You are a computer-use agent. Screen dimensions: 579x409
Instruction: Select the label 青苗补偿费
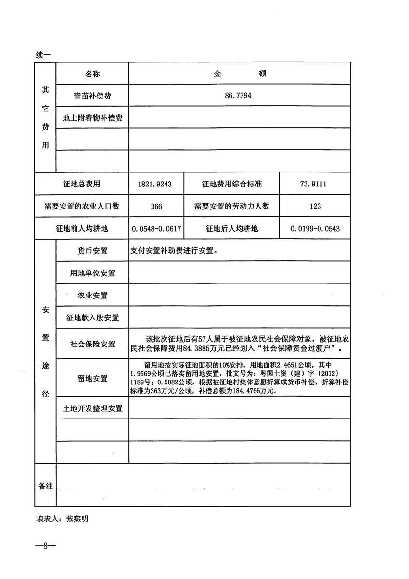click(92, 96)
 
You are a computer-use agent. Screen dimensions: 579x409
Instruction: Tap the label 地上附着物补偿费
click(92, 118)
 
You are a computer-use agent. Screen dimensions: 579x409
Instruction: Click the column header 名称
click(92, 74)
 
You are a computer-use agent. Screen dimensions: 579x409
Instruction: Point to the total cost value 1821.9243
click(154, 184)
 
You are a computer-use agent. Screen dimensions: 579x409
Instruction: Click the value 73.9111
click(315, 184)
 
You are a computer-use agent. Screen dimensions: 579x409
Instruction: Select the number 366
click(156, 206)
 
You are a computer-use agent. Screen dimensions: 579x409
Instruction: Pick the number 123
click(315, 206)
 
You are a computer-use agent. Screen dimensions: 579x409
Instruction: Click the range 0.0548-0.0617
click(156, 229)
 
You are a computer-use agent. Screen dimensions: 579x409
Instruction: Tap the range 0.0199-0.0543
click(315, 229)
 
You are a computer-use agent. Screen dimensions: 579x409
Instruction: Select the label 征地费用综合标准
click(231, 184)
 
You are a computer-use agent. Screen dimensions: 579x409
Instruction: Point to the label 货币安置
click(92, 251)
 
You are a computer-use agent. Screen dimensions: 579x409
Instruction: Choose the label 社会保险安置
click(92, 344)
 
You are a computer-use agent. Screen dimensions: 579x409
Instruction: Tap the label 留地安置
click(92, 378)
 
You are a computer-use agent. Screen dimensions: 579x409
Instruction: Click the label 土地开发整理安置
click(92, 408)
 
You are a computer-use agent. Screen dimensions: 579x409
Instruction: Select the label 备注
click(45, 486)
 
